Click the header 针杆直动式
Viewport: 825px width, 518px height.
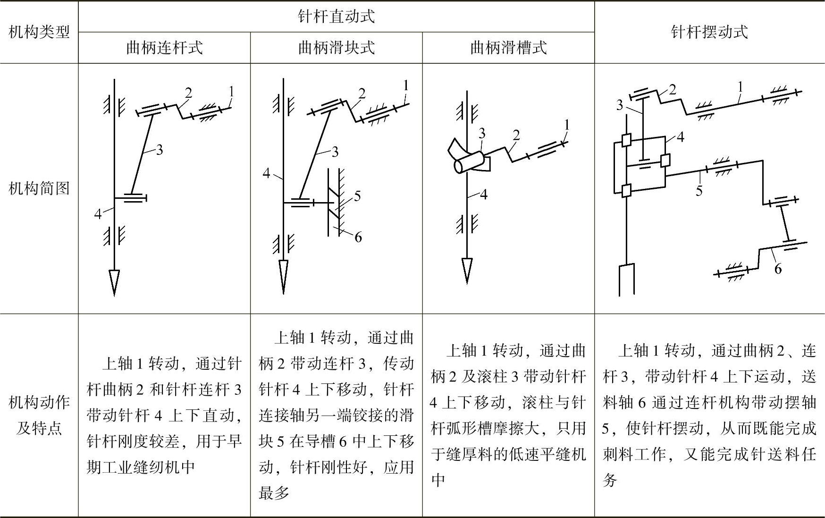pos(336,17)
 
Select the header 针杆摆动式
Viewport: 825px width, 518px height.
pos(709,32)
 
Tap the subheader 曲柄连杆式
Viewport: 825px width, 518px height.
pos(164,48)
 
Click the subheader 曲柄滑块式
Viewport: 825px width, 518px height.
pos(336,48)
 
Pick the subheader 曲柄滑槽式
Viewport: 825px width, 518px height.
pos(508,48)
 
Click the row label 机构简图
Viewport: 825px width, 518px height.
pos(39,188)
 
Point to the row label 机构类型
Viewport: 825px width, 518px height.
pos(39,32)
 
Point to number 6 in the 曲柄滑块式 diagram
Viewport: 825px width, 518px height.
pos(358,237)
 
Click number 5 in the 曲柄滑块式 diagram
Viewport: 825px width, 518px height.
pos(357,196)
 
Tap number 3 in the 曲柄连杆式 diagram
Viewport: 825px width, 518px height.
pos(160,150)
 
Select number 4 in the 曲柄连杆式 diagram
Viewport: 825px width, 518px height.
pos(98,214)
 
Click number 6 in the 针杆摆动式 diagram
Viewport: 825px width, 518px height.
pos(778,269)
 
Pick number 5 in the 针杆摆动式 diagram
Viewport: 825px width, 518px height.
pos(699,191)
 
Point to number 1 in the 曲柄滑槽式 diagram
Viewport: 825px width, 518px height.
pos(567,125)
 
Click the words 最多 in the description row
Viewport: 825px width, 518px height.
pos(274,493)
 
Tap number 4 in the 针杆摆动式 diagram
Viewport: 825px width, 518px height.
pos(680,137)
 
